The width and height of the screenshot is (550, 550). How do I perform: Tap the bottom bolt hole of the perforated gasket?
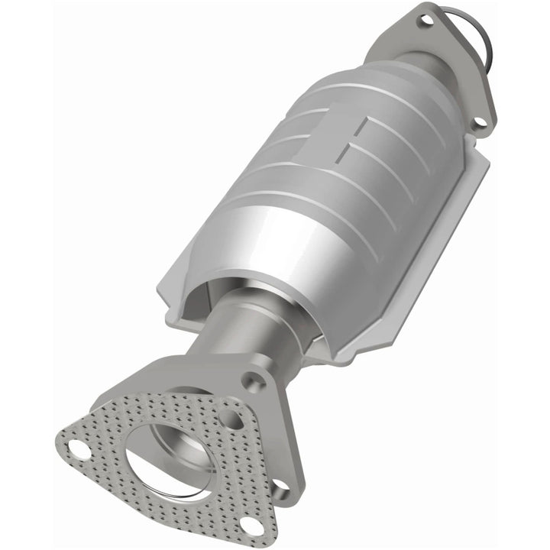coord(249,522)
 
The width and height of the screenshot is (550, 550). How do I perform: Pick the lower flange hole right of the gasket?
coord(280,484)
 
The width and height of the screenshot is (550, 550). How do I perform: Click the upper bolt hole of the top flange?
coord(425,21)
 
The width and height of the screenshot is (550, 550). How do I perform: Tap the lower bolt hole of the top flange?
coord(478,122)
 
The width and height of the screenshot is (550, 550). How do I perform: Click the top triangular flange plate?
coord(451,69)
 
